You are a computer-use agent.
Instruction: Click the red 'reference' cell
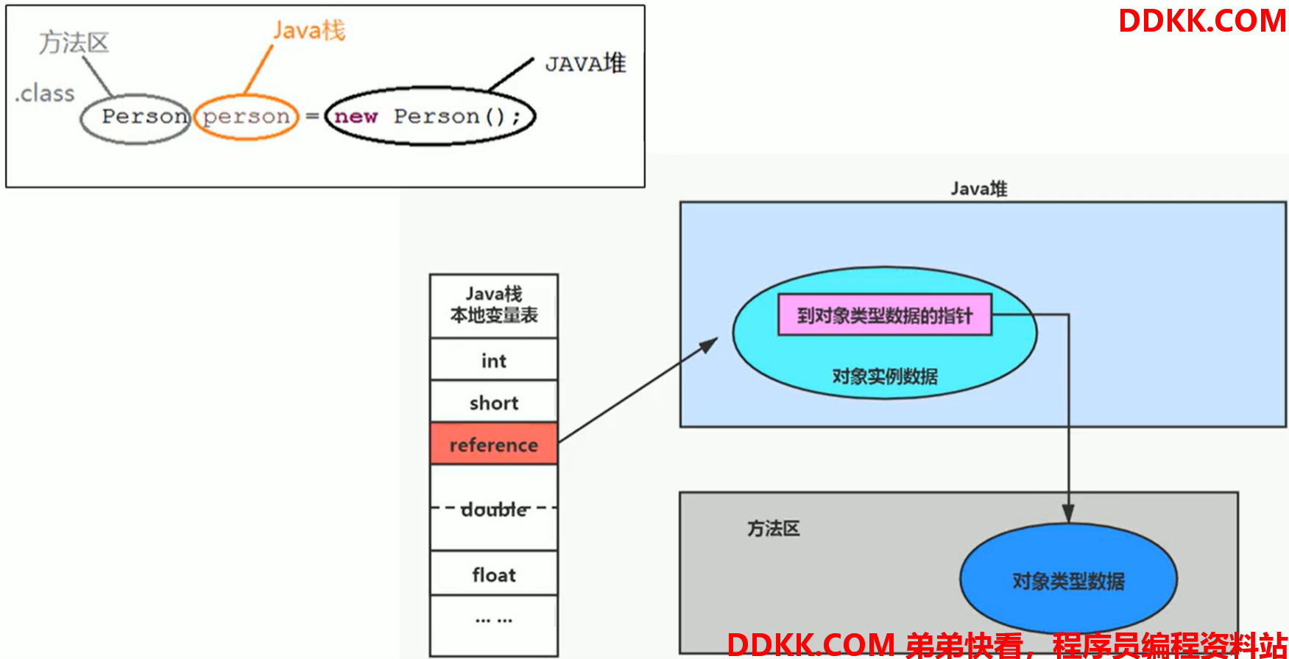[x=494, y=443]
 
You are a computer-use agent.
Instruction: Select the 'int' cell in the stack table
[x=494, y=359]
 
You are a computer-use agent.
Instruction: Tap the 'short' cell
[x=494, y=401]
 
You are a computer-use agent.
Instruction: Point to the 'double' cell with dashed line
[x=494, y=508]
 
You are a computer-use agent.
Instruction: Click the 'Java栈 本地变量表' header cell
[x=494, y=306]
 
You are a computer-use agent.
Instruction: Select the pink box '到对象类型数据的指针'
[x=885, y=315]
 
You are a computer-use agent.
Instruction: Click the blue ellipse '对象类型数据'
[x=1068, y=579]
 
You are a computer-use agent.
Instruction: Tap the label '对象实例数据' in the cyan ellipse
[x=885, y=376]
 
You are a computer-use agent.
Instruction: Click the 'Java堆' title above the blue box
[x=978, y=188]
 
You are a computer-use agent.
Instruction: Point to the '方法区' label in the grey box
[x=773, y=528]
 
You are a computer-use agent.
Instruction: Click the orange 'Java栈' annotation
[x=309, y=30]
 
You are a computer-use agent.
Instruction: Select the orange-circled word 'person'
[x=247, y=116]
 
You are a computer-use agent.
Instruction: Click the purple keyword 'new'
[x=356, y=116]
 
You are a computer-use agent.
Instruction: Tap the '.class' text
[x=45, y=94]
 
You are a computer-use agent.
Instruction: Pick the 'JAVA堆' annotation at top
[x=585, y=63]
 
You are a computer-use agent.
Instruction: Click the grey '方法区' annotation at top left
[x=74, y=43]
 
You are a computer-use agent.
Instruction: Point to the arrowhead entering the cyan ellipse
[x=709, y=344]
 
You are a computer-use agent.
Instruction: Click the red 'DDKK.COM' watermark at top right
[x=1202, y=21]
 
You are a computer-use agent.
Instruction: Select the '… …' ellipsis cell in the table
[x=494, y=620]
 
